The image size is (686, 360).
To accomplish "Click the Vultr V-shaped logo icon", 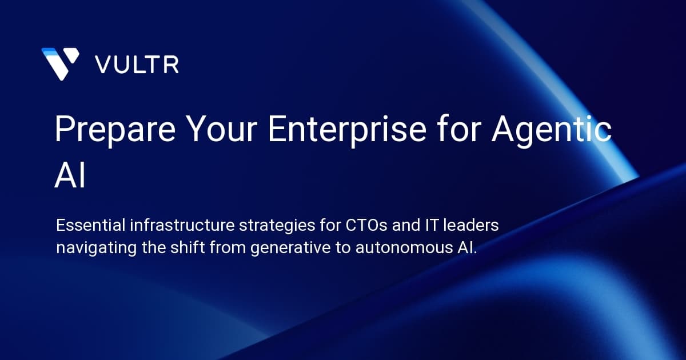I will [60, 63].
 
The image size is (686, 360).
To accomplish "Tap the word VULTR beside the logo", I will [137, 65].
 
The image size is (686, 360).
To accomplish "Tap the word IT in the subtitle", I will [421, 226].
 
